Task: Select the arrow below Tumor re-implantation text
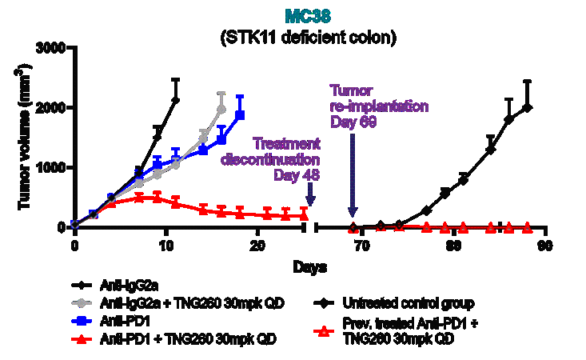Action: tap(353, 184)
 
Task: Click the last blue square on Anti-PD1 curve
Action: tap(239, 115)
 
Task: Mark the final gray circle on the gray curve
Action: tap(221, 109)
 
